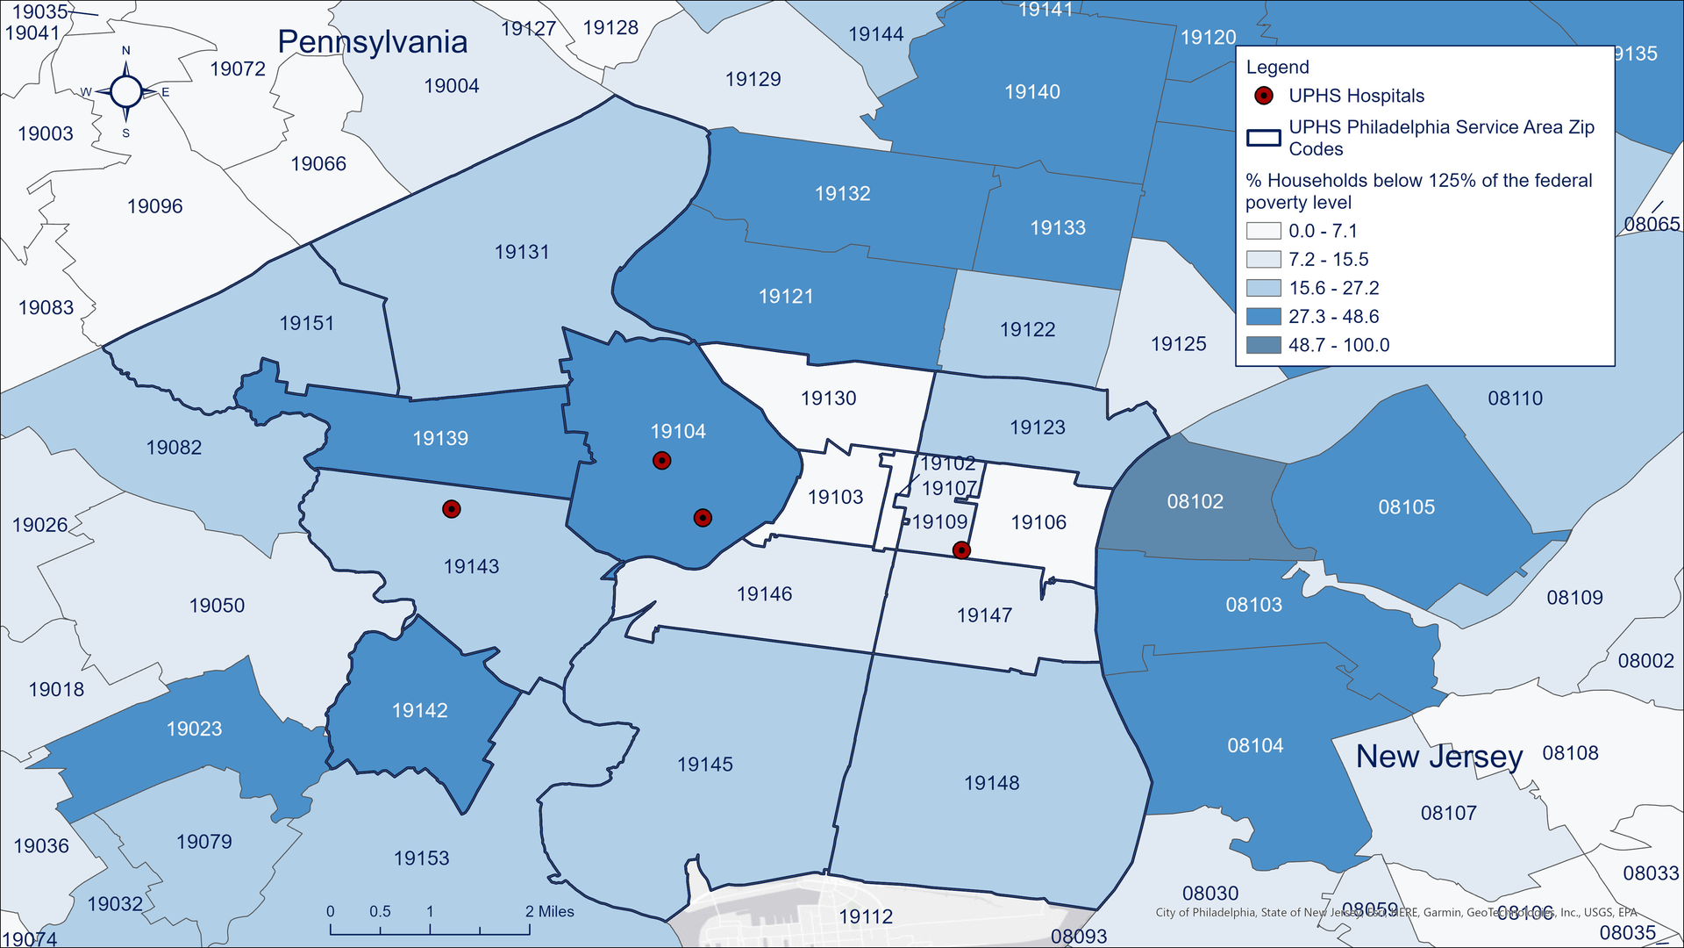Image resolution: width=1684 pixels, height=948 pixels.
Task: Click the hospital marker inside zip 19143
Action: [451, 509]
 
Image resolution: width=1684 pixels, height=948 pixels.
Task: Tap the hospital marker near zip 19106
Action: [961, 550]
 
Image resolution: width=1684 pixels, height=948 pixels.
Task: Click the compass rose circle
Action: [126, 91]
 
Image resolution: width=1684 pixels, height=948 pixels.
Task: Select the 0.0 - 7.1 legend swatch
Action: [1264, 231]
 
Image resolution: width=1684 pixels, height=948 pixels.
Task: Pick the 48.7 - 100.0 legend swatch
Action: [1264, 345]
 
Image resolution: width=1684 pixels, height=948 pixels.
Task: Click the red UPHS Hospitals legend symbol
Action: [1264, 96]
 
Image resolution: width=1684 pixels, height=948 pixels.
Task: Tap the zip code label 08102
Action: [1195, 501]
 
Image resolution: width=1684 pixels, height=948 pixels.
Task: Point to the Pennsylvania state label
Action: [372, 42]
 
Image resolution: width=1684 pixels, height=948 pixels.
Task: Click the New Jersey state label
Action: [1439, 757]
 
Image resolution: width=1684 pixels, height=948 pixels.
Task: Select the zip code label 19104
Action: [678, 431]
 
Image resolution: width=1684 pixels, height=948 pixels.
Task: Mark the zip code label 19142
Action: [419, 710]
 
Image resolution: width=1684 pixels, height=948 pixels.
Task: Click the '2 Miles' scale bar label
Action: [550, 912]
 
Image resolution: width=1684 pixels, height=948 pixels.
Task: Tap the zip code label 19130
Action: [828, 399]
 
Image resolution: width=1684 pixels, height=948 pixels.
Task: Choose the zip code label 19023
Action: [194, 729]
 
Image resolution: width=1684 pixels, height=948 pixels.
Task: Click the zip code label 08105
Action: [1406, 507]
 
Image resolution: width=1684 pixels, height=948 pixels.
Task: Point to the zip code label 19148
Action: [991, 783]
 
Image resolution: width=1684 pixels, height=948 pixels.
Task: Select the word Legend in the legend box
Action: [1277, 68]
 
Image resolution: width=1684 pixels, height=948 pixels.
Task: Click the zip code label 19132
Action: [842, 193]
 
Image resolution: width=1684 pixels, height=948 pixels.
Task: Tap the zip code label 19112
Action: [865, 916]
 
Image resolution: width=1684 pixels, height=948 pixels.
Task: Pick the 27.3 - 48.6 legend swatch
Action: [1264, 317]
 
